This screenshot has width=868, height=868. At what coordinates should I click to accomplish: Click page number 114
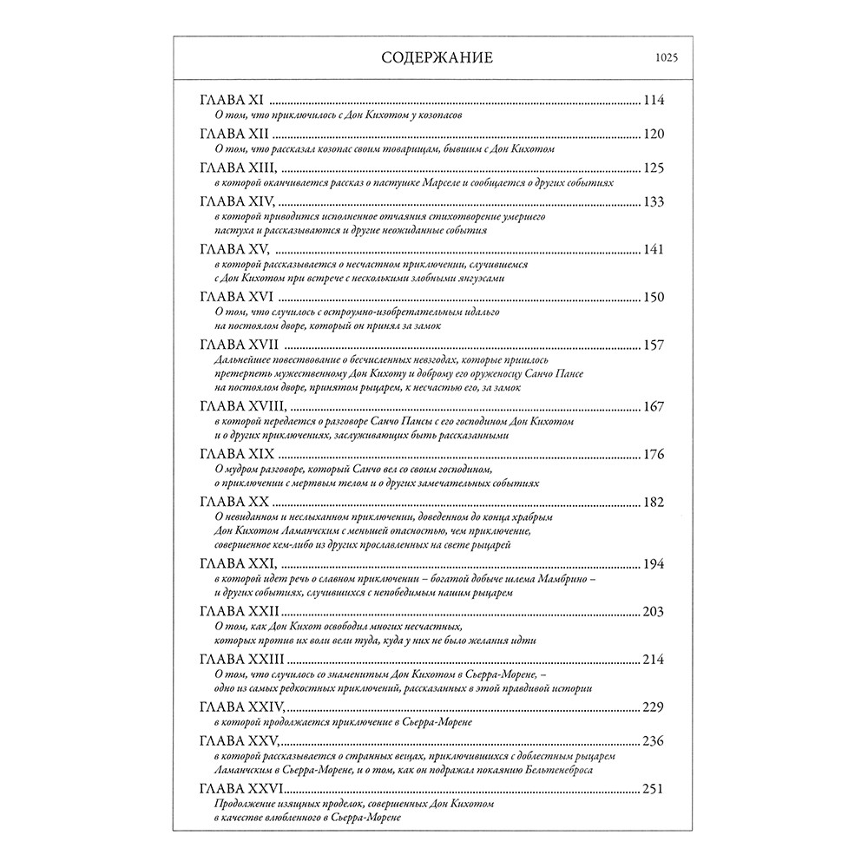click(653, 100)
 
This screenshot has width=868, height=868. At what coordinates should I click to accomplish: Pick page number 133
click(653, 201)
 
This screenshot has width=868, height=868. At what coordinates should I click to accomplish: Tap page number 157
click(653, 345)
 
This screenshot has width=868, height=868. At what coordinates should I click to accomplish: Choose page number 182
click(653, 503)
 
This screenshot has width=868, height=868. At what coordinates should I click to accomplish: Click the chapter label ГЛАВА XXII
click(239, 612)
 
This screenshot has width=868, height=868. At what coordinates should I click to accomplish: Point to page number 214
click(653, 660)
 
